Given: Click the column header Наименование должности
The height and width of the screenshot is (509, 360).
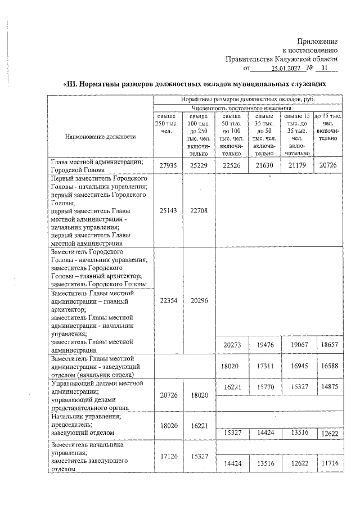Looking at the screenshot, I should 93,136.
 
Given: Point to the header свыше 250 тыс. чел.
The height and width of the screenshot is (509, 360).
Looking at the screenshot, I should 165,123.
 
